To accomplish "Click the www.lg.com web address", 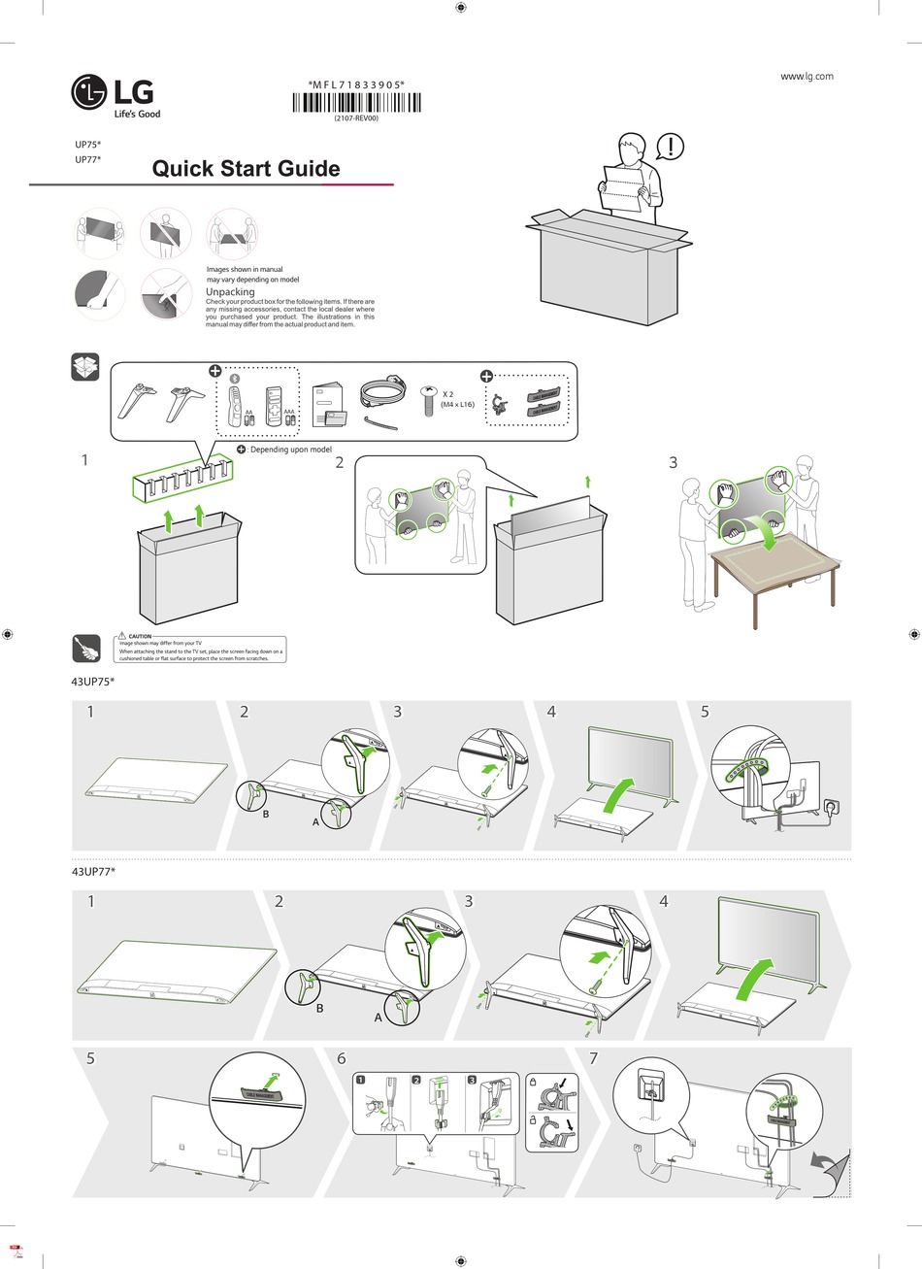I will point(807,77).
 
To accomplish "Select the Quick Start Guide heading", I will point(247,169).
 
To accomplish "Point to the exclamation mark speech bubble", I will point(670,147).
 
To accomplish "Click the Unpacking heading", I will point(230,291).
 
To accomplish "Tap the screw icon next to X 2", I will point(428,399).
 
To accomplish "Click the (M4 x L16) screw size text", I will point(457,404).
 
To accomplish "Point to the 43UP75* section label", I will point(93,683).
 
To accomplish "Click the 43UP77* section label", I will point(93,872).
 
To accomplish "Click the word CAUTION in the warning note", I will point(140,635).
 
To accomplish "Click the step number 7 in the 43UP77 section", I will point(594,1058).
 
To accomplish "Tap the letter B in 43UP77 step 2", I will point(318,1010).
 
